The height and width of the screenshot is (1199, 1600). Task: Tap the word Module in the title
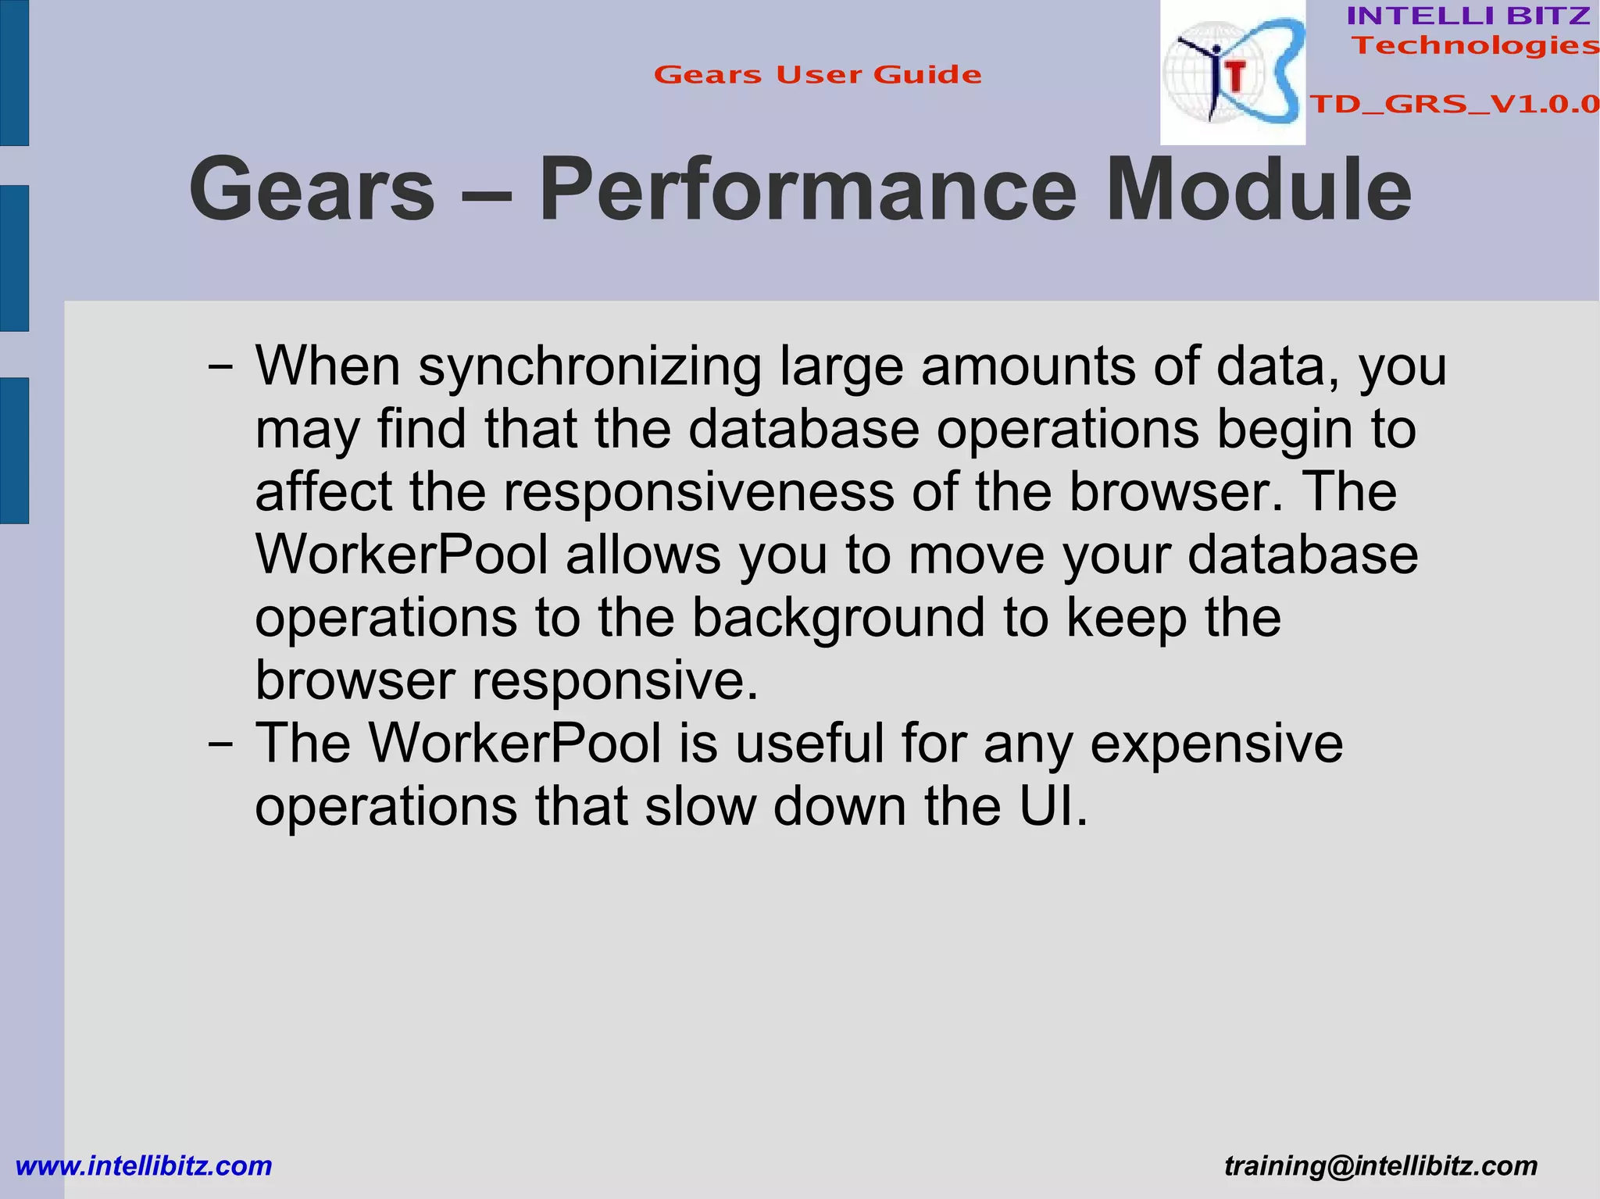coord(1259,190)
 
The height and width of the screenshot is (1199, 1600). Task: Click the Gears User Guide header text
coord(817,75)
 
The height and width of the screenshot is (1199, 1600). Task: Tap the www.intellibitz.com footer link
coord(144,1166)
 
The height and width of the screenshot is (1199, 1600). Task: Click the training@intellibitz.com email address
coord(1380,1166)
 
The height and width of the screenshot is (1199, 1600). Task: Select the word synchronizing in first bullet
coord(590,367)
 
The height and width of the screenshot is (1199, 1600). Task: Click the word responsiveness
coord(698,492)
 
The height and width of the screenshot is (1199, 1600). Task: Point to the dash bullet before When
coord(220,367)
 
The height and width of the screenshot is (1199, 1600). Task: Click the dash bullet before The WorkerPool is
coord(220,744)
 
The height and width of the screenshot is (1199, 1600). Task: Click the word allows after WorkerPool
coord(643,555)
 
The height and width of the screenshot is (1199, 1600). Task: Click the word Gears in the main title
coord(312,190)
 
